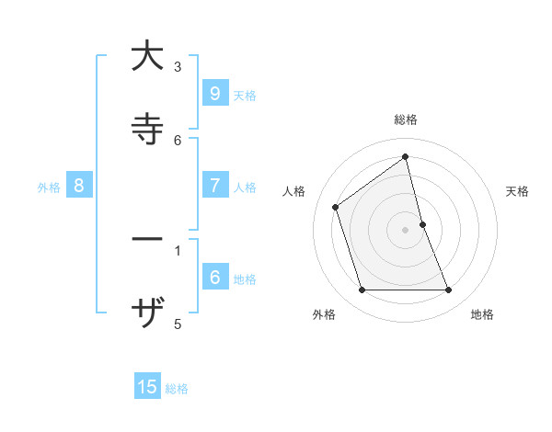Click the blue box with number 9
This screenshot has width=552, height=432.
tap(214, 94)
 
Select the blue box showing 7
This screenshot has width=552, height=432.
tap(214, 186)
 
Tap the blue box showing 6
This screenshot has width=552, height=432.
tap(214, 278)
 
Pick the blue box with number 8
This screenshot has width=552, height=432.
tap(79, 186)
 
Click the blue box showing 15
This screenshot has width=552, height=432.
tap(147, 387)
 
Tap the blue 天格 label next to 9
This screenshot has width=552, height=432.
tap(245, 95)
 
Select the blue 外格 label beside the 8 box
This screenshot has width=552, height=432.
tap(49, 187)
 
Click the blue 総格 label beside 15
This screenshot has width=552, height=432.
tap(177, 388)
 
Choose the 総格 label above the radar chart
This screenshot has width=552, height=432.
tap(406, 119)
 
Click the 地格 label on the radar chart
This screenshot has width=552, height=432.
tap(482, 314)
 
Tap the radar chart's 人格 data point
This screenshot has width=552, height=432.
tap(336, 207)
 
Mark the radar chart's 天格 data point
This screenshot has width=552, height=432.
tap(422, 224)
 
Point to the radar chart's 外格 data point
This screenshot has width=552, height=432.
tap(362, 290)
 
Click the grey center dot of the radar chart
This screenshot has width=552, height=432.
tap(406, 230)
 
